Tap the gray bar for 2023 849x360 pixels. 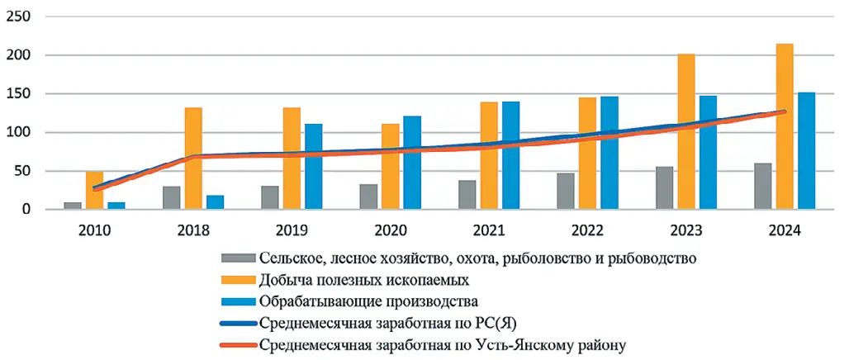click(664, 188)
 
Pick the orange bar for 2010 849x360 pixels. click(94, 191)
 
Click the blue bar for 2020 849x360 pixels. click(411, 163)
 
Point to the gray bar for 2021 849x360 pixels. click(467, 195)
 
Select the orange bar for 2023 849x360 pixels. click(685, 131)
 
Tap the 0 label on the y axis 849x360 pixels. click(26, 210)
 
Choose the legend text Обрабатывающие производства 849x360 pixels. click(368, 301)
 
